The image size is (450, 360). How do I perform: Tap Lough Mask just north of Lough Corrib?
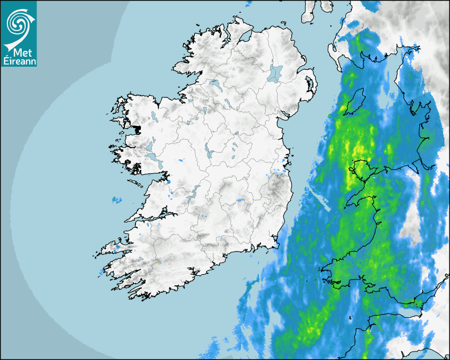click(x=150, y=145)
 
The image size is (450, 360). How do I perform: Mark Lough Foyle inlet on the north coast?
click(x=245, y=37)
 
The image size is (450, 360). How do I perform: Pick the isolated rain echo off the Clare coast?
click(x=116, y=200)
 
